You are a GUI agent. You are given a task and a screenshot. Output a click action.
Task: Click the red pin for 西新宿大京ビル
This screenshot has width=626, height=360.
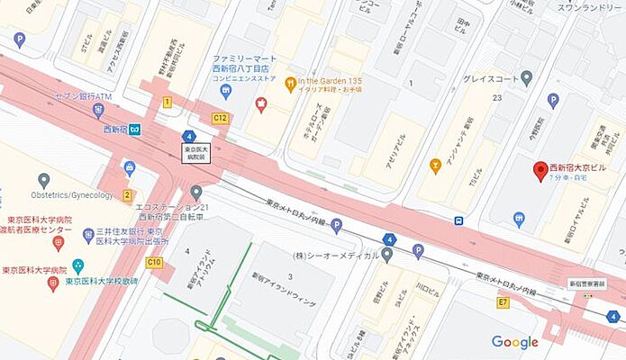pos(540,170)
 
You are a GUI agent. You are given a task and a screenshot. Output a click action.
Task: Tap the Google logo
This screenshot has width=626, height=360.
pos(515,342)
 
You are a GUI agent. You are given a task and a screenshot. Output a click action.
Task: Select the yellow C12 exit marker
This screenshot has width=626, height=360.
pos(219,119)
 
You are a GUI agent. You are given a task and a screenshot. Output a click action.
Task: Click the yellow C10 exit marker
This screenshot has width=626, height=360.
pos(155,262)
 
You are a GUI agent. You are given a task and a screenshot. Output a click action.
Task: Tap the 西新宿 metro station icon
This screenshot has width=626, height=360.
pos(133,128)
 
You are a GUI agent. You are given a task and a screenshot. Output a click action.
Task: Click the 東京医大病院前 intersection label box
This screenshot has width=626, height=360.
pos(195,152)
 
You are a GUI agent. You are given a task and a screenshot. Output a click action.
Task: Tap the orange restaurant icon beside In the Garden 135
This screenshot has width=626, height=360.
pos(290,85)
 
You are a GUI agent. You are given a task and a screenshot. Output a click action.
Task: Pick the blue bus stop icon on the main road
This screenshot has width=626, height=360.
pos(459,220)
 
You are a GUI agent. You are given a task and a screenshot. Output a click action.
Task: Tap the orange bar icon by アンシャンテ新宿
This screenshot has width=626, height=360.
pos(436,166)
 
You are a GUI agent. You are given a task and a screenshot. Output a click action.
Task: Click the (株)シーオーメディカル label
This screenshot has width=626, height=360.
pos(347,254)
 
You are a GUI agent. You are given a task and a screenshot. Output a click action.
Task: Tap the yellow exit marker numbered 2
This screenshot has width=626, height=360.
pos(128,195)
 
